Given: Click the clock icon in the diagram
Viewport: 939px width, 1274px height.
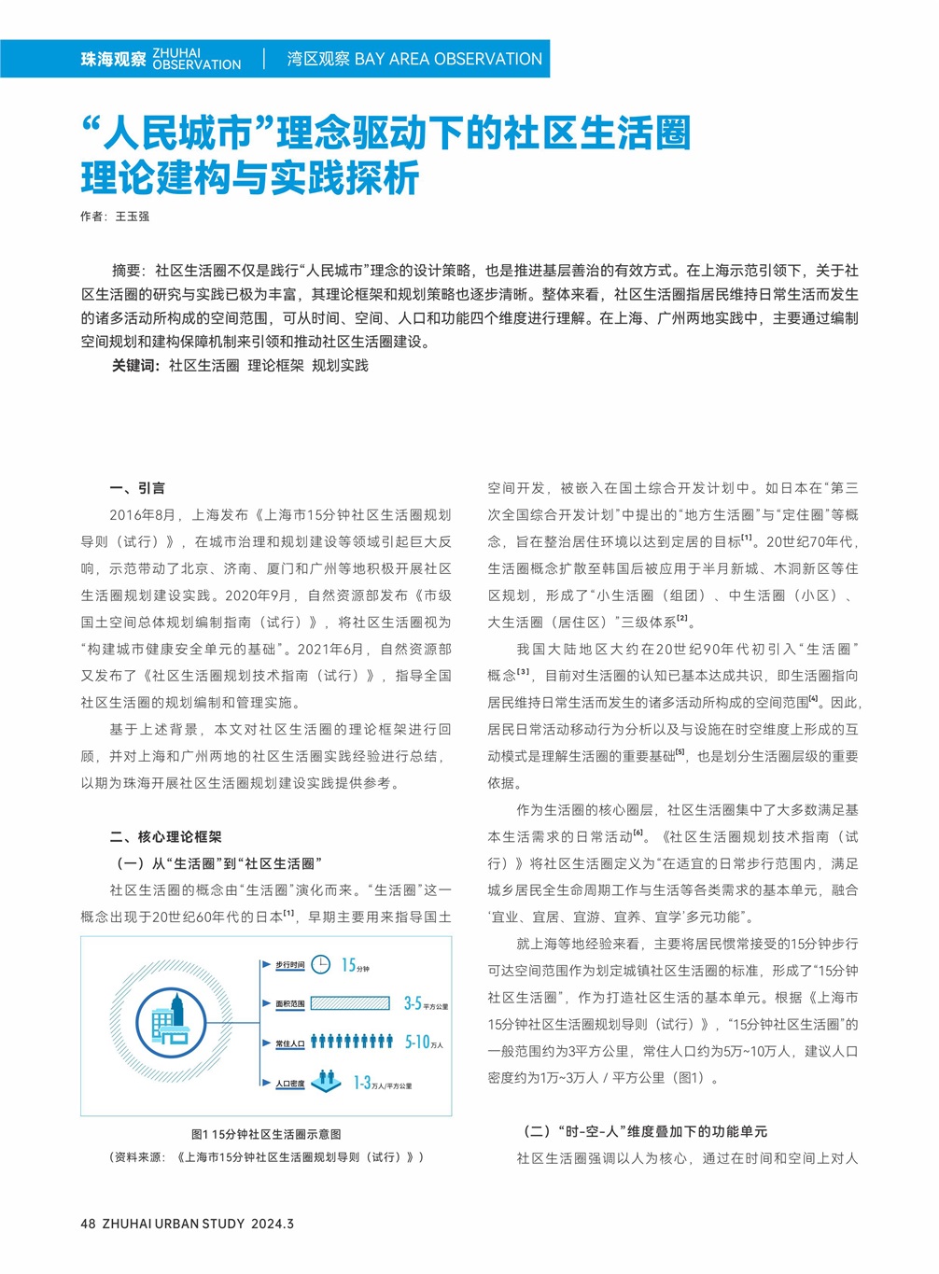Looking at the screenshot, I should (x=320, y=964).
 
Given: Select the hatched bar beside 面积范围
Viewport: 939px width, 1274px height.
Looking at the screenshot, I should (x=350, y=1003).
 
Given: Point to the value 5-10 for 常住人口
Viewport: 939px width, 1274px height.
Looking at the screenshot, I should (x=417, y=1042).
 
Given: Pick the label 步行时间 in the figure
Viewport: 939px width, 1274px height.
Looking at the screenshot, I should (x=289, y=965).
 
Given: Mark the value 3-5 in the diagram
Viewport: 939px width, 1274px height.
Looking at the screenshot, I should (x=413, y=1003).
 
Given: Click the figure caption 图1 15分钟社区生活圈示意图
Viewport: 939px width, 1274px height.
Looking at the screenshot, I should (x=266, y=1134).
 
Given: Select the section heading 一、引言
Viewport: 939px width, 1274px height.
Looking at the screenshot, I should (x=137, y=488).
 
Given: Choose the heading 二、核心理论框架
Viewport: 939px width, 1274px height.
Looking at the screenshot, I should (x=165, y=837).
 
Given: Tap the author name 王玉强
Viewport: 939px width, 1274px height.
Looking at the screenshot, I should (x=133, y=217).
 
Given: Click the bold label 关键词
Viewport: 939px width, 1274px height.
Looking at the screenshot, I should (x=135, y=366).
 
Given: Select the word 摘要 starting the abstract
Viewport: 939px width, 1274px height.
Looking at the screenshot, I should (x=127, y=271).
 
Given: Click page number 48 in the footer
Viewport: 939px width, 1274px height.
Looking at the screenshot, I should (x=88, y=1224).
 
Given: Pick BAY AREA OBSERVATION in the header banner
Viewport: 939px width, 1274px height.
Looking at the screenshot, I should (x=448, y=59).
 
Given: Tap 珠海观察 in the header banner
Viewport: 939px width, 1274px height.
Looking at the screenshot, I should (x=113, y=60).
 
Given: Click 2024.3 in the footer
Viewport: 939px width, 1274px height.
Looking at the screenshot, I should (x=273, y=1224).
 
